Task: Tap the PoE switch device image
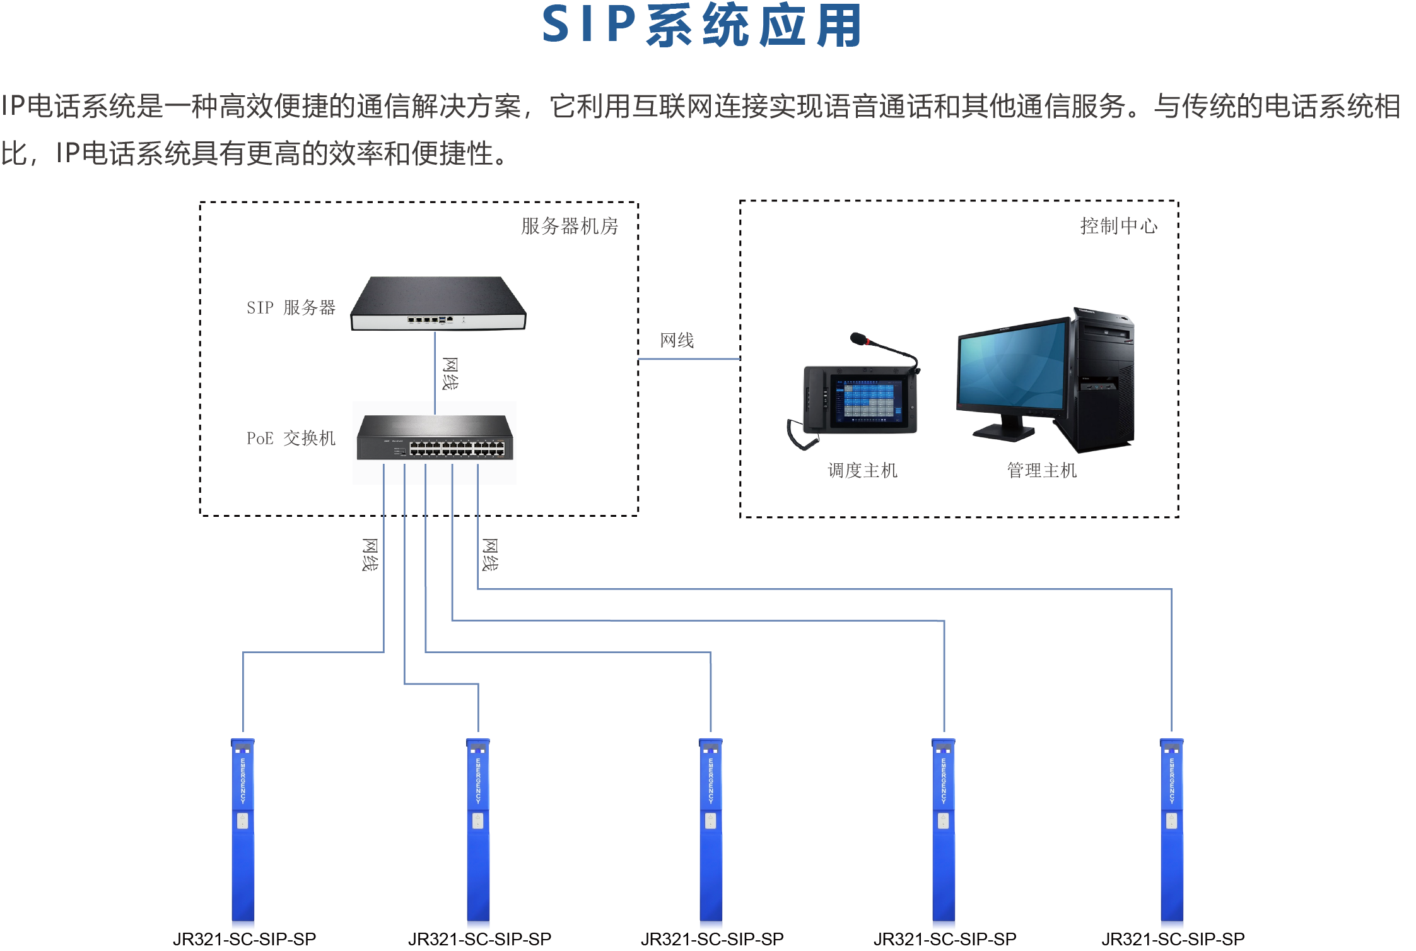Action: point(435,438)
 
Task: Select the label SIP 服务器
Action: point(291,308)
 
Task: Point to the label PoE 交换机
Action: point(291,438)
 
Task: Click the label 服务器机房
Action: point(569,226)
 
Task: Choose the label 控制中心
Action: point(1118,226)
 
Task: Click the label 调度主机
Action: point(862,470)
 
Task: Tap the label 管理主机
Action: point(1041,470)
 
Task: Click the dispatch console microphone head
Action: point(858,338)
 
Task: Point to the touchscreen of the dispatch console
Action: point(869,399)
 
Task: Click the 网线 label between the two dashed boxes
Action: point(677,341)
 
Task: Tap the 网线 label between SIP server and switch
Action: point(450,374)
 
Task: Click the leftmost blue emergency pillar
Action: point(243,833)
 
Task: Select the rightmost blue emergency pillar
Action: point(1172,833)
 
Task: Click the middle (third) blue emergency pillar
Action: point(711,833)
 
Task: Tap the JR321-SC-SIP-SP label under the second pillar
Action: point(479,939)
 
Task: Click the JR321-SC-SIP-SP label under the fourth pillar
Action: point(945,939)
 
